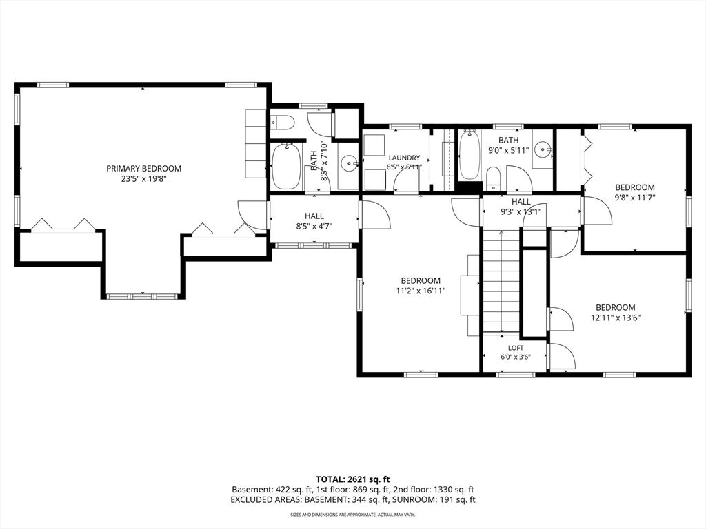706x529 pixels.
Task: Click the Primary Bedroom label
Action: click(x=143, y=169)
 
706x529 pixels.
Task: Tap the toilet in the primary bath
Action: click(x=282, y=122)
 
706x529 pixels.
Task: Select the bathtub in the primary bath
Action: click(x=286, y=167)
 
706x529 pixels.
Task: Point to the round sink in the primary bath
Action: click(x=348, y=161)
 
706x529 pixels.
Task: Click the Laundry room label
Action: click(x=404, y=158)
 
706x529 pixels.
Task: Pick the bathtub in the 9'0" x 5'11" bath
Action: click(x=470, y=155)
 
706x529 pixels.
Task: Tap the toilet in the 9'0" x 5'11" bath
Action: click(x=494, y=178)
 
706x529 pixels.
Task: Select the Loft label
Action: click(x=516, y=348)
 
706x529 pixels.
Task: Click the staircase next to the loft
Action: click(x=502, y=281)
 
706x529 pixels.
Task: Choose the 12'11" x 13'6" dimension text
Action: click(x=616, y=318)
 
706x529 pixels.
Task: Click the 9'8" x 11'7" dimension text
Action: click(x=635, y=197)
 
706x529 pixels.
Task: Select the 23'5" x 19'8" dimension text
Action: click(x=143, y=178)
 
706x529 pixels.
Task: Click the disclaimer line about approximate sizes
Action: click(x=352, y=514)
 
